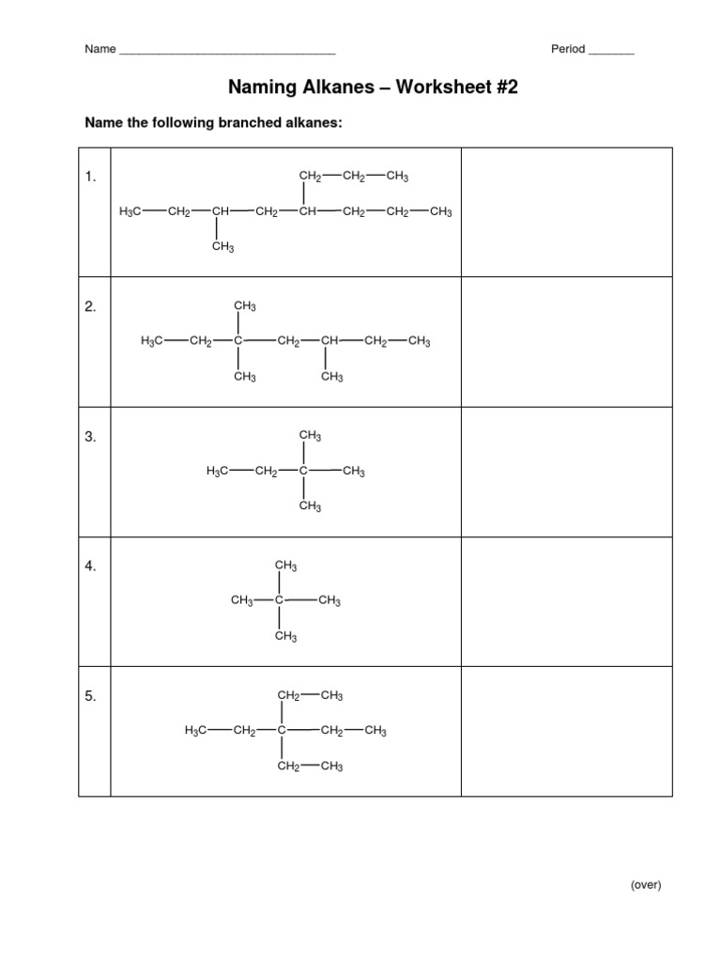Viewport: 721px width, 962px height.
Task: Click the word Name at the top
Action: coord(100,50)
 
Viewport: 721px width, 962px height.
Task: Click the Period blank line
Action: coord(611,52)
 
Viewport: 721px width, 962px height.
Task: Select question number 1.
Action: coord(91,177)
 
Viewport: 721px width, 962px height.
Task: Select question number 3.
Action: coord(91,437)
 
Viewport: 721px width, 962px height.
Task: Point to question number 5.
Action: coord(91,696)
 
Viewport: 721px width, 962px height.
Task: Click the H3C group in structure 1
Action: coord(130,212)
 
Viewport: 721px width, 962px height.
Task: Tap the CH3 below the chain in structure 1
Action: coord(222,248)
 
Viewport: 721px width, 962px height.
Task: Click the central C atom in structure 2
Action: coord(238,342)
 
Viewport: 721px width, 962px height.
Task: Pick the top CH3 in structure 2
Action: coord(245,306)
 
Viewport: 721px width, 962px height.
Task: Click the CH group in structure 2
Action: coord(328,342)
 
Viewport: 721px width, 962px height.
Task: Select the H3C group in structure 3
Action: coord(217,472)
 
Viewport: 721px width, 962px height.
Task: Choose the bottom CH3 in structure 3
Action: coord(310,507)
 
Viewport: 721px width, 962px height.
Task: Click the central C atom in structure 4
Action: coord(279,601)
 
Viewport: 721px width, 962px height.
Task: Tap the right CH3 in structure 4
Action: coord(330,601)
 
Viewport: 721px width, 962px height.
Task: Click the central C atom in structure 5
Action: coord(282,731)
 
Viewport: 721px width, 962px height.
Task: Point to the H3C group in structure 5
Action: coord(195,731)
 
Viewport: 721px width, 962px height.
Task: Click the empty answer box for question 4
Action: coord(566,601)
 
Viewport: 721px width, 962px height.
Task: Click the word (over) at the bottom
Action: coord(646,885)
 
